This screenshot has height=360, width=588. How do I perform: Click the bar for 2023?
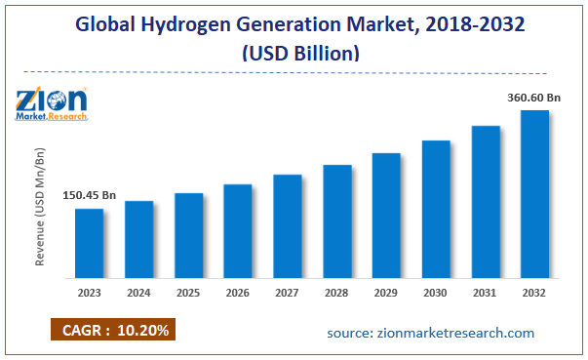tap(90, 241)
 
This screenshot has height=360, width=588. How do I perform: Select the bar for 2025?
tap(189, 233)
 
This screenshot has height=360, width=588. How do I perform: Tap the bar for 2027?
tap(288, 224)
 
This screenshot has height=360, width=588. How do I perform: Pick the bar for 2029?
tap(386, 214)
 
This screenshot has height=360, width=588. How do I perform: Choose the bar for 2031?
tap(486, 200)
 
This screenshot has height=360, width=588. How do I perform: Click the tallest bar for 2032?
tap(534, 192)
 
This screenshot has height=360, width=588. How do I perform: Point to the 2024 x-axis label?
tap(139, 292)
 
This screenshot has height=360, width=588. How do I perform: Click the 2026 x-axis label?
tap(238, 292)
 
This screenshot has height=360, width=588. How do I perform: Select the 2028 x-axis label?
tap(337, 292)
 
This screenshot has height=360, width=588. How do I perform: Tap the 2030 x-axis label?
tap(436, 292)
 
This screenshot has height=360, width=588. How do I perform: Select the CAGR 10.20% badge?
tap(110, 331)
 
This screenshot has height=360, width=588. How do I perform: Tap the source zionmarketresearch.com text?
tap(431, 333)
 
